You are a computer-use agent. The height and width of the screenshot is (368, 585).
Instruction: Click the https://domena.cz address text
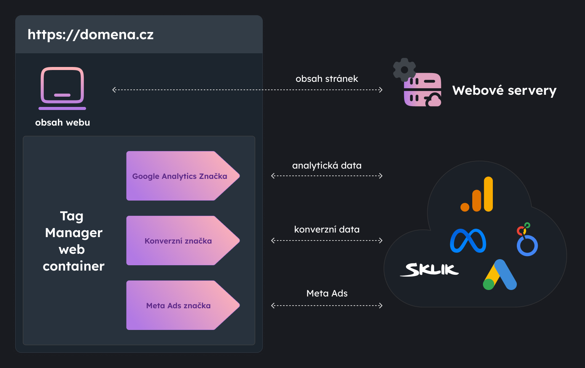point(91,35)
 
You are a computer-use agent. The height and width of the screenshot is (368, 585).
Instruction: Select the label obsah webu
point(62,123)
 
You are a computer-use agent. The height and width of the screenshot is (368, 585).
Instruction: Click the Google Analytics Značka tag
point(180,176)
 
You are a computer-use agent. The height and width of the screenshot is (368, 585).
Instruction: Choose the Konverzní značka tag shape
point(178,241)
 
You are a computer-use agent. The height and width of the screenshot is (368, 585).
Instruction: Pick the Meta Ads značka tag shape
point(178,306)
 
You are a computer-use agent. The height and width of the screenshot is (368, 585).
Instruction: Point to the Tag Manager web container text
point(74,241)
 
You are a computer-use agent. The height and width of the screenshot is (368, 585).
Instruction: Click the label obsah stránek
point(327,79)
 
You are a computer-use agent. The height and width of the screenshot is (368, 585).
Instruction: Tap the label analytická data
point(327,166)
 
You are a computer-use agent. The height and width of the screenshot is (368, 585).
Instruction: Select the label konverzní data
point(327,229)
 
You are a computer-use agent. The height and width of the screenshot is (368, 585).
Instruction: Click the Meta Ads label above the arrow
point(327,293)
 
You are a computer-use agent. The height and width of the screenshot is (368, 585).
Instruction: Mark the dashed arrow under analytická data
point(327,176)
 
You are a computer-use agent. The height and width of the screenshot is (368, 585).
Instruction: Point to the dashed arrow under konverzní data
point(327,241)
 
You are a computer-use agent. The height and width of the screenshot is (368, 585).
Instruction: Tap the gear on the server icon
point(404,70)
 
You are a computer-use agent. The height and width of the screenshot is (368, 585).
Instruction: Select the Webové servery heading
point(504,91)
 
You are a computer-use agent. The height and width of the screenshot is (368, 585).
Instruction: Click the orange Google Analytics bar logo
point(477,194)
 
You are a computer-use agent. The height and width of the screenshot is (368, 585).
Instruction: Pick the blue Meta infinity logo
point(468,241)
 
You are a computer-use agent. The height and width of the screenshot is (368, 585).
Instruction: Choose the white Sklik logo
point(430,269)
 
